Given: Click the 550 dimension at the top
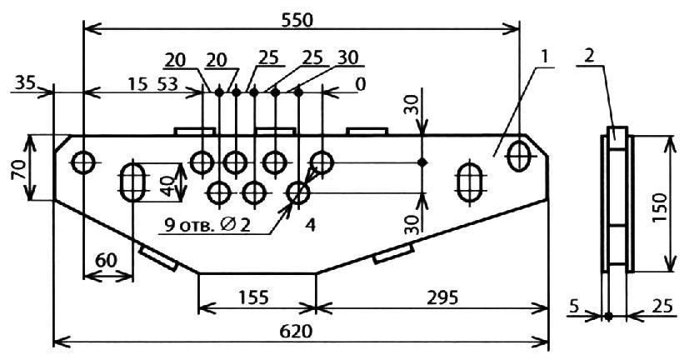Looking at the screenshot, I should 302,17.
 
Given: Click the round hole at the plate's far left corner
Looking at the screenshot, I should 84,161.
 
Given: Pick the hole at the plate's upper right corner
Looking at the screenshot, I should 519,154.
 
